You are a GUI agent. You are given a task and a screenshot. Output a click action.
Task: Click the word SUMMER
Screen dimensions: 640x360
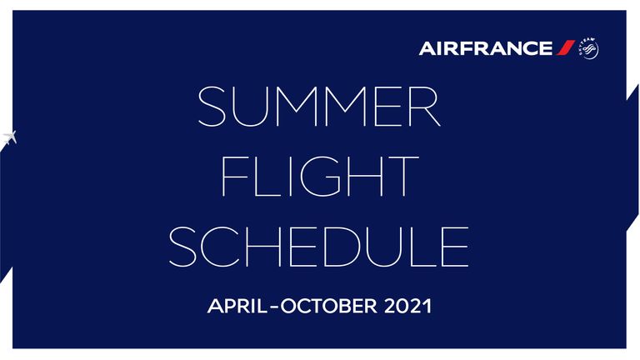pos(319,106)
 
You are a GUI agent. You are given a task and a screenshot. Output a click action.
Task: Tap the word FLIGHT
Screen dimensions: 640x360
pos(320,177)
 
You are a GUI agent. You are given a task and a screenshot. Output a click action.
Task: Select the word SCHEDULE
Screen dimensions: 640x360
pos(319,247)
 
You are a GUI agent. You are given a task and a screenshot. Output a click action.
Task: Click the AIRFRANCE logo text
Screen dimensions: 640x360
pos(486,48)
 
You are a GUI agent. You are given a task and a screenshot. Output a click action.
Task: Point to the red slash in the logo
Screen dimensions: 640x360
pos(565,47)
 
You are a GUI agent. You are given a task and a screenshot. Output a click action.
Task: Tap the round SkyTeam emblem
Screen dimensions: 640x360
pos(588,48)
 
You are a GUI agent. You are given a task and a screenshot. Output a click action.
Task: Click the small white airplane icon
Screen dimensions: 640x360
pos(9,137)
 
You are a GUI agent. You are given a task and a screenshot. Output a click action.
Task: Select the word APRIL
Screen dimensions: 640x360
pos(237,306)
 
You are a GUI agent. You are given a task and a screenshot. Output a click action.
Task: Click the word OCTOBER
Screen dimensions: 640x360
pos(329,306)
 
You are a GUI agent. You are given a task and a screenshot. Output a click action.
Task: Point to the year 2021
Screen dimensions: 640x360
pos(407,306)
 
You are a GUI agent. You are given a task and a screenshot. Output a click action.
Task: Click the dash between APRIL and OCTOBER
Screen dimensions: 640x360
pos(274,307)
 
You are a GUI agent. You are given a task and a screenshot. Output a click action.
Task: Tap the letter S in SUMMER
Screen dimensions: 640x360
pos(212,106)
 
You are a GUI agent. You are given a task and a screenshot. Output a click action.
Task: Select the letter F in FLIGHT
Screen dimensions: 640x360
pos(234,177)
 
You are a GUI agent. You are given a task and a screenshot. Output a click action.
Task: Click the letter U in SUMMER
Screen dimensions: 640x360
pos(251,107)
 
